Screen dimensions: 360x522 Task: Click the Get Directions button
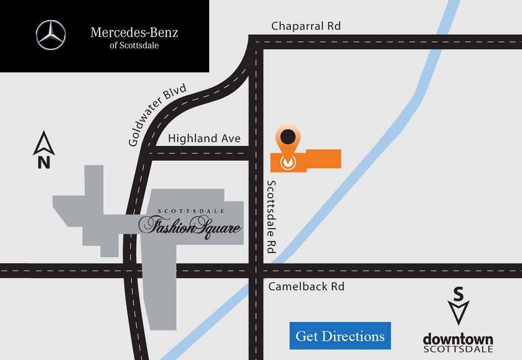340,336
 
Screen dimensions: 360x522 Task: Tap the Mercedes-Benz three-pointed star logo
51,35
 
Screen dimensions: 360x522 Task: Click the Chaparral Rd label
306,26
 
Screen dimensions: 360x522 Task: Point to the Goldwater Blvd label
158,115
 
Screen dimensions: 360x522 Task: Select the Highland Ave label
204,138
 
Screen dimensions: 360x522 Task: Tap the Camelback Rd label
306,286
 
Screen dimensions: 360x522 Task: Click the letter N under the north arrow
44,162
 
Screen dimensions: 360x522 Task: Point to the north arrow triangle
44,142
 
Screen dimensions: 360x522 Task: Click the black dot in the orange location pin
288,137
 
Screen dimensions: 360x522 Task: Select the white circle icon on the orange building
288,161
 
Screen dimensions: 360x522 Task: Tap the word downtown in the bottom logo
457,338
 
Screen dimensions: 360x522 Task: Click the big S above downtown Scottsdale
458,294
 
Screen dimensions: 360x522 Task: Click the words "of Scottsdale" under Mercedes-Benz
134,45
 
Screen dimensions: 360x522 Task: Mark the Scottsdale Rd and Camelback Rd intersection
256,270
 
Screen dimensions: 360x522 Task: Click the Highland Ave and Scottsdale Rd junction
256,154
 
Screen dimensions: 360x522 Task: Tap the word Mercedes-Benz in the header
134,33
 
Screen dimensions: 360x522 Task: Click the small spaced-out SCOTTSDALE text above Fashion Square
191,211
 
